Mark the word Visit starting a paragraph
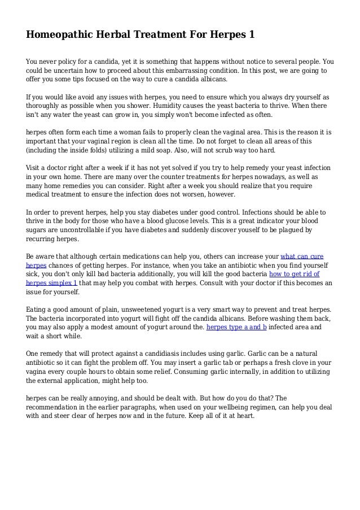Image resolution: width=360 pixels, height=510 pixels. (x=35, y=168)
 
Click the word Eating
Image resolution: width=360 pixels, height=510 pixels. (x=37, y=310)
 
